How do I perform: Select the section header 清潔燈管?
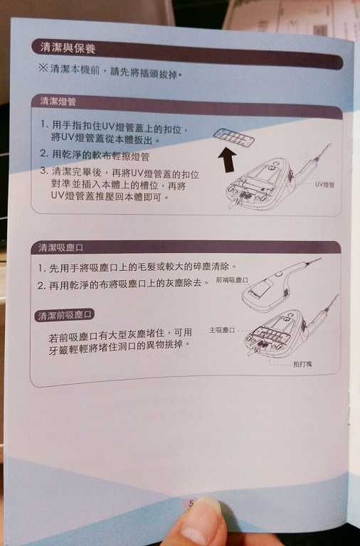point(58,102)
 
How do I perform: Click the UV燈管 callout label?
point(324,184)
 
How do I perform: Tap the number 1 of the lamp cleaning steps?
point(45,125)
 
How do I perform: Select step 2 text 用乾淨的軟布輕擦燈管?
point(100,155)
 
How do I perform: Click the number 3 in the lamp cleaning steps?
point(44,172)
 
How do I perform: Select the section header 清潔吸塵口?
point(61,247)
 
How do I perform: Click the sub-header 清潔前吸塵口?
point(65,315)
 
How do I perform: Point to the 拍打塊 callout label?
point(302,363)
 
